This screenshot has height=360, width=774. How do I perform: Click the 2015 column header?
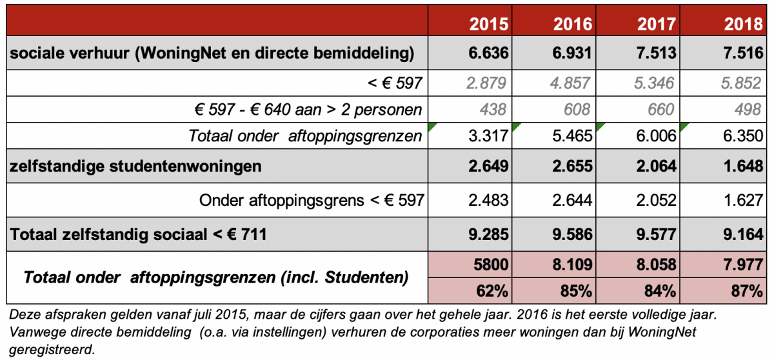pos(489,24)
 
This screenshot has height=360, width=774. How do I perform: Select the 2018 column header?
pos(743,24)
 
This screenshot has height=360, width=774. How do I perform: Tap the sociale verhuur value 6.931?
pos(572,53)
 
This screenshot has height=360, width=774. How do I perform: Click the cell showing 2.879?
pos(486,83)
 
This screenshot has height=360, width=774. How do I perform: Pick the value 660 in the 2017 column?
pos(660,110)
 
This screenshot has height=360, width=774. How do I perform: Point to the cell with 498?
pos(748,110)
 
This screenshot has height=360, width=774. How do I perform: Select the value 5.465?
pos(572,135)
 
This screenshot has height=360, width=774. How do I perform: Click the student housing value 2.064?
pos(656,166)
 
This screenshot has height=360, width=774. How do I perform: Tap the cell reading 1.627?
pos(743,200)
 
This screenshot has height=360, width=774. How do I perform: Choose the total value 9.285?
pos(489,234)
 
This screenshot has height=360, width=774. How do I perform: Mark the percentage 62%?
pos(492,291)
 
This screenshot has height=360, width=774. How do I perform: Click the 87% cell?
pos(747,291)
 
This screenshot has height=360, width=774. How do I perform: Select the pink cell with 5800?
pos(491,265)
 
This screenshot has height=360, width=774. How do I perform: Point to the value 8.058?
pos(657,265)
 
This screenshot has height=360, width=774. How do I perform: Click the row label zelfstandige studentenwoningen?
pos(135,166)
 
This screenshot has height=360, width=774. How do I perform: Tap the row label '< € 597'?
pos(395,83)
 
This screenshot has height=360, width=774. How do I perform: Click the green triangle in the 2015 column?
pos(432,126)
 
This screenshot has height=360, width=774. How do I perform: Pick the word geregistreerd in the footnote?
pos(52,350)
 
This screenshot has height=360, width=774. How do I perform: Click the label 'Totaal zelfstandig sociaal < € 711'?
pos(138,235)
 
